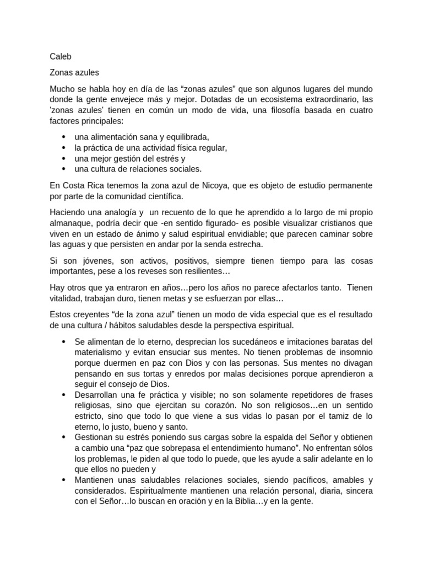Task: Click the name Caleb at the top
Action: coord(60,56)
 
